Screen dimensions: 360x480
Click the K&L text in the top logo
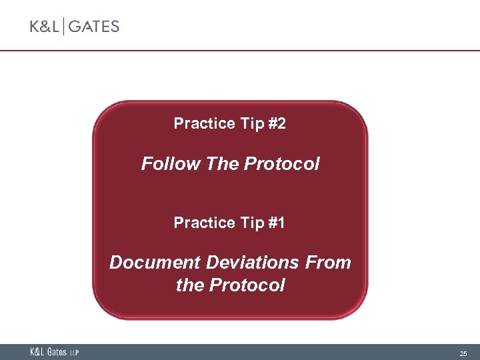pyautogui.click(x=45, y=27)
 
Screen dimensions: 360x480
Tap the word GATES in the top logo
pyautogui.click(x=93, y=27)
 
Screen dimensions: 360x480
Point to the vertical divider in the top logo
pyautogui.click(x=64, y=27)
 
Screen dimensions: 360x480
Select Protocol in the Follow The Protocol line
pyautogui.click(x=282, y=163)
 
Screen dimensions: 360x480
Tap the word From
pyautogui.click(x=328, y=263)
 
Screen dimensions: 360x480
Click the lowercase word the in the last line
pyautogui.click(x=190, y=285)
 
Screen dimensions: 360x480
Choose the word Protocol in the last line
pyautogui.click(x=247, y=285)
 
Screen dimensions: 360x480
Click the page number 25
pyautogui.click(x=463, y=353)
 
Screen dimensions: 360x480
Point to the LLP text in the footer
pyautogui.click(x=74, y=353)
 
